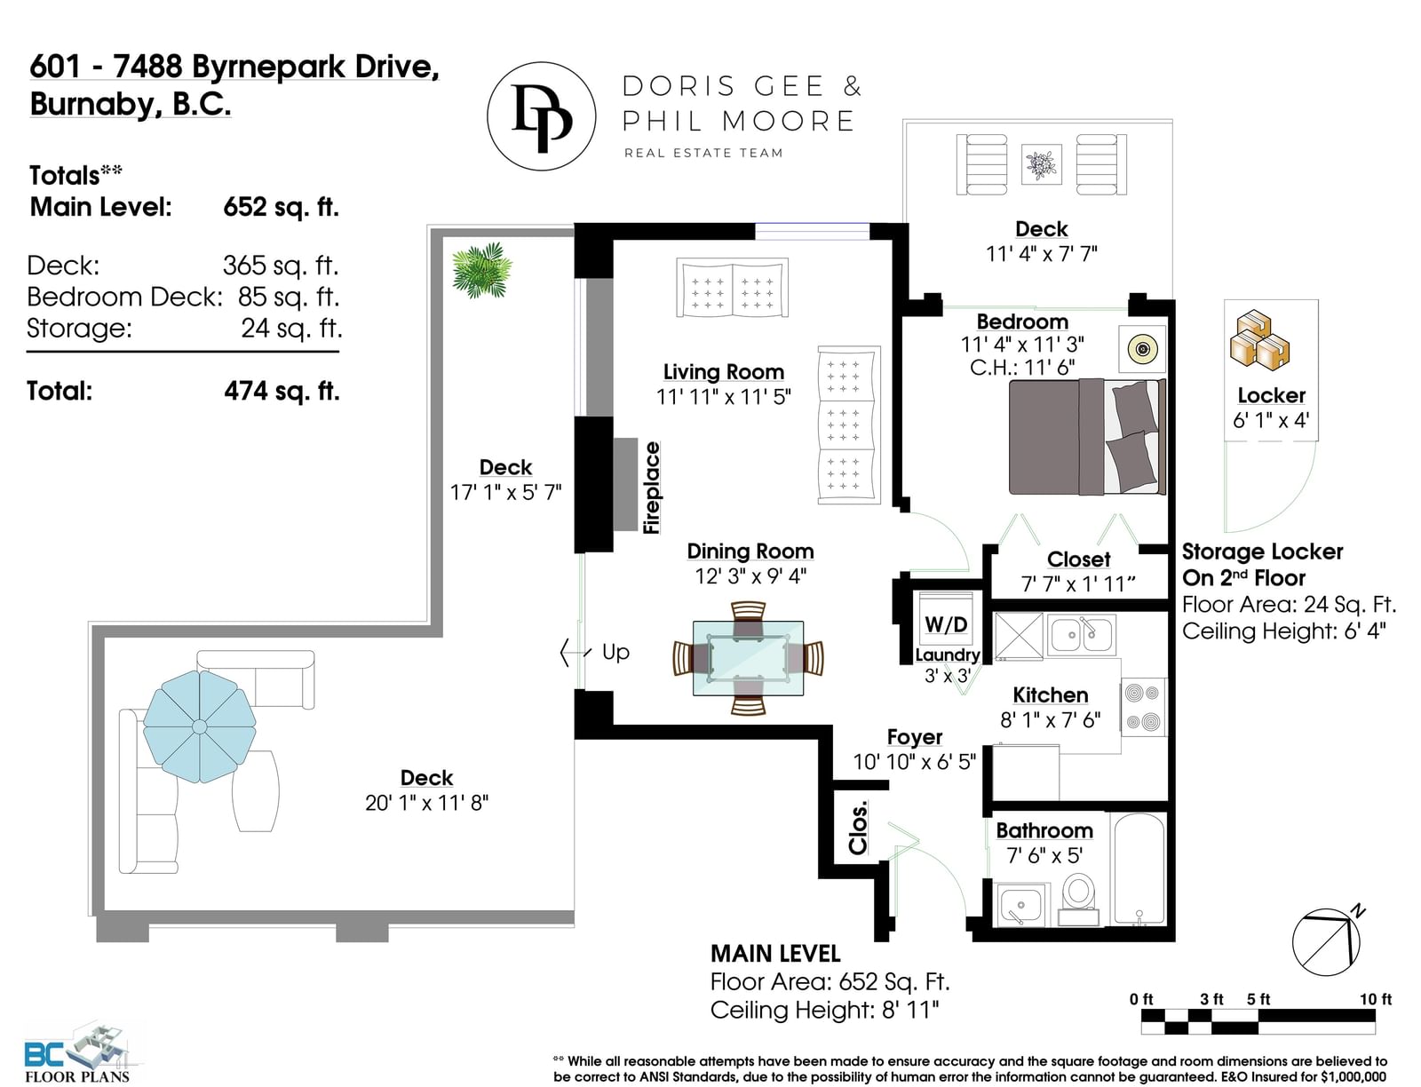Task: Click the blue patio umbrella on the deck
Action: click(200, 726)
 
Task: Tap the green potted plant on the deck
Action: click(481, 270)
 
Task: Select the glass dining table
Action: click(748, 658)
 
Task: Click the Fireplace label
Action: click(652, 488)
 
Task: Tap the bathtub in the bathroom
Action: click(1139, 869)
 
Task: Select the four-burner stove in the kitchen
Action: click(1143, 707)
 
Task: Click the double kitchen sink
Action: click(1081, 634)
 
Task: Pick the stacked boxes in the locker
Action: click(1259, 340)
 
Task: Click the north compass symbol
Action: click(1327, 940)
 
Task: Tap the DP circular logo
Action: click(541, 116)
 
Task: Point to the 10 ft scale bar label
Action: click(1375, 999)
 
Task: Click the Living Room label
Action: click(723, 371)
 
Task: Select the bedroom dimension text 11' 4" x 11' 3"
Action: click(1022, 345)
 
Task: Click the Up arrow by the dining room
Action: click(575, 652)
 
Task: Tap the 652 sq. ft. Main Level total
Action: click(281, 207)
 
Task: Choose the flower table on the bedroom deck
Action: click(1041, 163)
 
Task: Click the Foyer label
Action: click(914, 737)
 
